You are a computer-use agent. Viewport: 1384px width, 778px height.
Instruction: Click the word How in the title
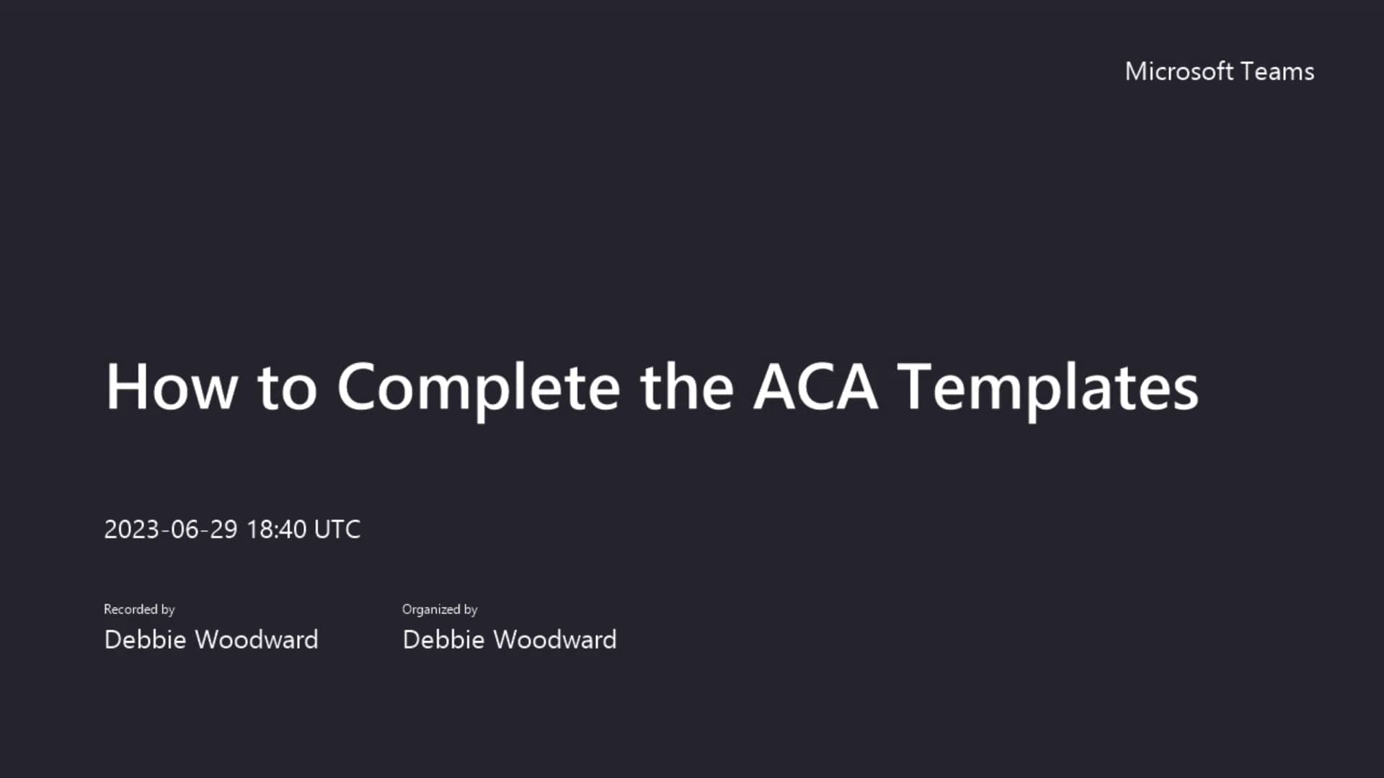click(172, 387)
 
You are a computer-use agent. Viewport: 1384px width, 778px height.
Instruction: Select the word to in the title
click(287, 387)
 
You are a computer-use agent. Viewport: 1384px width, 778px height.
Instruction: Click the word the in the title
click(686, 387)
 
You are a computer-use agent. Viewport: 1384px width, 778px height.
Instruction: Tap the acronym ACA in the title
click(815, 387)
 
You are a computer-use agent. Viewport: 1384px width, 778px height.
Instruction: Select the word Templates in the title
click(1050, 387)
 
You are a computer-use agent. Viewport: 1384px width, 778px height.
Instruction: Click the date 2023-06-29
click(171, 529)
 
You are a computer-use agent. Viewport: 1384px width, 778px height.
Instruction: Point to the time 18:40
click(277, 529)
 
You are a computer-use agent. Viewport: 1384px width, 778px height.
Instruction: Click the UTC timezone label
click(337, 529)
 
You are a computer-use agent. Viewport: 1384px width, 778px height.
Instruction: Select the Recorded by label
click(139, 609)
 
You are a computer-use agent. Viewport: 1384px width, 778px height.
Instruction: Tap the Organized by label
click(440, 609)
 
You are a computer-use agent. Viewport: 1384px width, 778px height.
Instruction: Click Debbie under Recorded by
click(145, 640)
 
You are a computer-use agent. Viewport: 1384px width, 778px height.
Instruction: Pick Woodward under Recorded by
click(257, 640)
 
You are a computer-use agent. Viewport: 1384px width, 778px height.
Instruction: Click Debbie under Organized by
click(443, 640)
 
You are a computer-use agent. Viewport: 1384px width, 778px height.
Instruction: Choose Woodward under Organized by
click(555, 640)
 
